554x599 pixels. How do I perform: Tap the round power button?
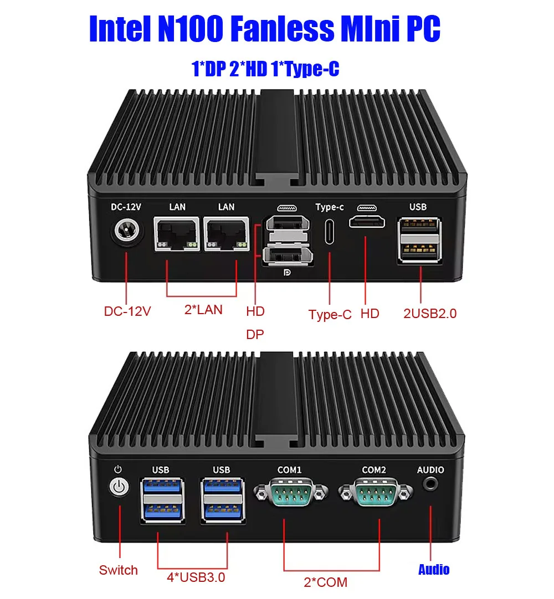click(119, 487)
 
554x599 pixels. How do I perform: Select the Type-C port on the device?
click(329, 231)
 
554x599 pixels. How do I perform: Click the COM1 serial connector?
click(291, 492)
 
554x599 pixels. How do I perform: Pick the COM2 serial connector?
click(375, 492)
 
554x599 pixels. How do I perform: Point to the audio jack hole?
click(431, 484)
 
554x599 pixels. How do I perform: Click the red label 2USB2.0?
click(430, 314)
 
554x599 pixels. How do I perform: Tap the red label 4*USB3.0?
click(196, 577)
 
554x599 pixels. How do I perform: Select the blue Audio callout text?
click(433, 570)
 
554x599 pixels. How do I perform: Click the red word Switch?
click(118, 570)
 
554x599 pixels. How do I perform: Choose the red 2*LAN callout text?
click(203, 309)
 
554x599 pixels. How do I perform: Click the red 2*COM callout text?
click(326, 582)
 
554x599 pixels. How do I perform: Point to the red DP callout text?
click(255, 335)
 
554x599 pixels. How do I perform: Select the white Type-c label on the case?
click(330, 207)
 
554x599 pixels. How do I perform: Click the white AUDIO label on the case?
click(430, 470)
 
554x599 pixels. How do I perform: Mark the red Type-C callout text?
click(330, 315)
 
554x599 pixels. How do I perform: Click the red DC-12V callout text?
click(127, 311)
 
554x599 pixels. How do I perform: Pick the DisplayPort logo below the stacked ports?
click(287, 272)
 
